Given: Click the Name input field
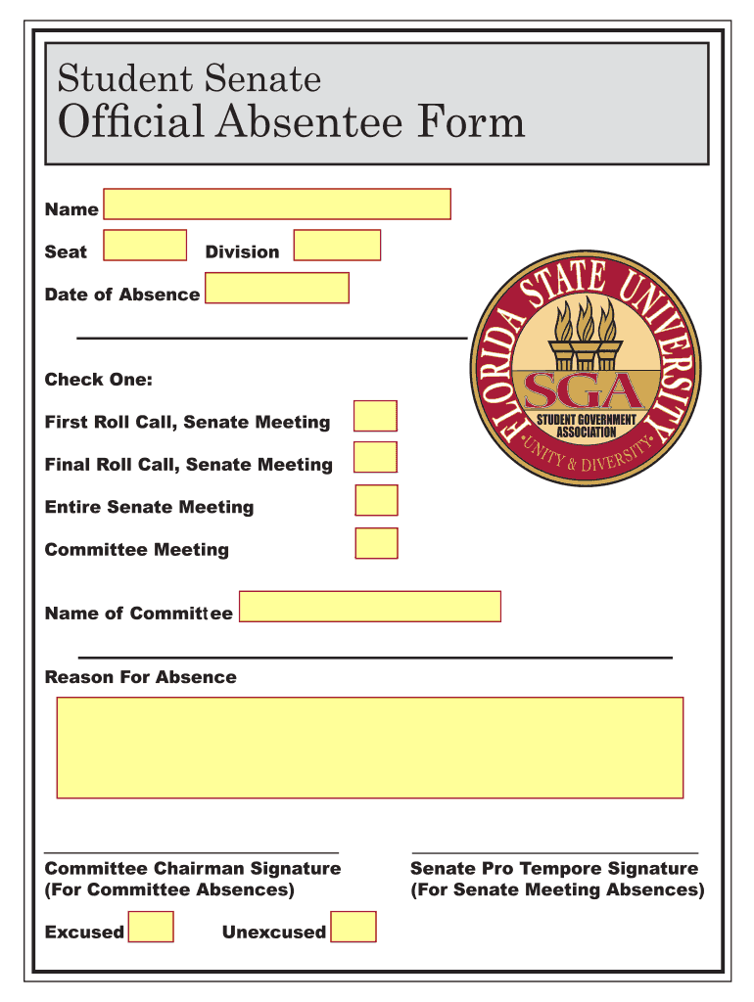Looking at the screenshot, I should (x=277, y=204).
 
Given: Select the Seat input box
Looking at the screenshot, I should (x=145, y=246).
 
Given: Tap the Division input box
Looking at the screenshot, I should (x=337, y=246).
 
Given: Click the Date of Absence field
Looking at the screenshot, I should (x=277, y=289).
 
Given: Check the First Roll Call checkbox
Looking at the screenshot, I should (x=376, y=416).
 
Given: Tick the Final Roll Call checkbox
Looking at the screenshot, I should (x=376, y=457).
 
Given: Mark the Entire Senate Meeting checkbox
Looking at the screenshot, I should (x=376, y=500).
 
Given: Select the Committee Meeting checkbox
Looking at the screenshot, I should (x=376, y=543).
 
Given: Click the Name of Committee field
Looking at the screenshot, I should (x=370, y=607).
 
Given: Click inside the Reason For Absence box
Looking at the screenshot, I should (x=369, y=748).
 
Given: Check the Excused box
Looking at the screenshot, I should (x=152, y=927).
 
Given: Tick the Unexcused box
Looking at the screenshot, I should (x=353, y=927).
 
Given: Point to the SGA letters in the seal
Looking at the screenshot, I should (x=585, y=391).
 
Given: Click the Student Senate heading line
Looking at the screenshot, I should (x=189, y=78).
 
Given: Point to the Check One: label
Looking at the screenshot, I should (x=98, y=380).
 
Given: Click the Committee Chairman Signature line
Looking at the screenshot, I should (x=192, y=852).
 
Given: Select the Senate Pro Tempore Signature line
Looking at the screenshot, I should (x=555, y=852).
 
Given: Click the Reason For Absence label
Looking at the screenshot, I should (x=140, y=677).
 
